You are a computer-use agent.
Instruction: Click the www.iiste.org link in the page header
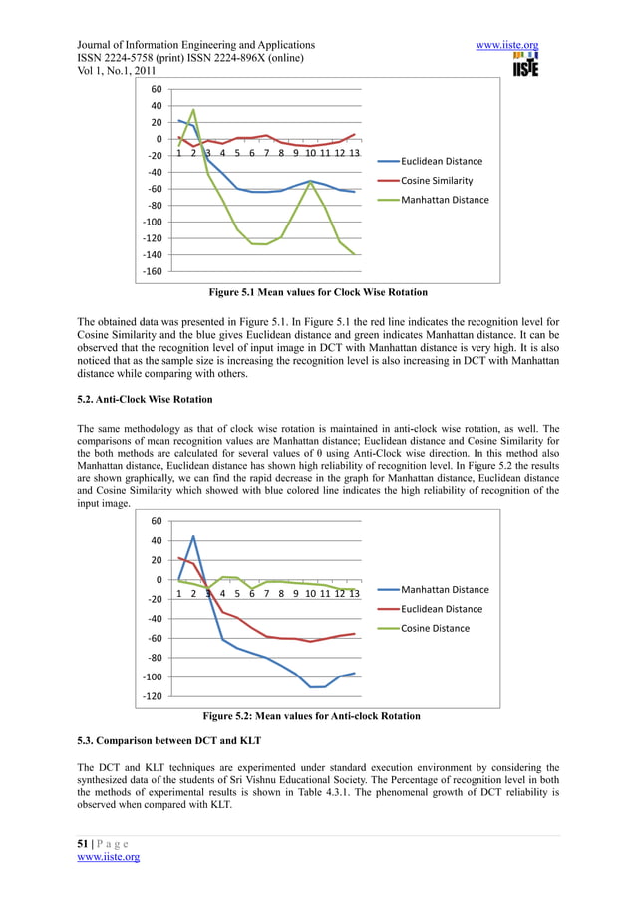(508, 45)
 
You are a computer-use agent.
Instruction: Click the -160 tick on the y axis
(151, 271)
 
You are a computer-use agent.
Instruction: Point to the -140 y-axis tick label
(151, 254)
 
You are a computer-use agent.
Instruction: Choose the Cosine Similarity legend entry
(436, 181)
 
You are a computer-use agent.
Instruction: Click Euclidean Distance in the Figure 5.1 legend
(441, 161)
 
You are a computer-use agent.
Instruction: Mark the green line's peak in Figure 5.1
(193, 110)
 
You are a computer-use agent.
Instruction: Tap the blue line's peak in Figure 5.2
(193, 537)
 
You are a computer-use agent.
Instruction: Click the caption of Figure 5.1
(317, 293)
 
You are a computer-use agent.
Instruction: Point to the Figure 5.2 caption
(311, 716)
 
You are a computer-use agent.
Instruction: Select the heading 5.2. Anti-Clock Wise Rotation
(145, 399)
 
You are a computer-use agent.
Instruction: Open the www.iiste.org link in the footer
(108, 857)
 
